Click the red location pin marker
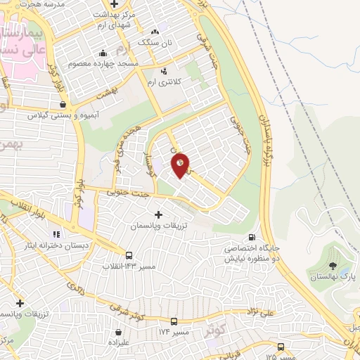[x=180, y=165]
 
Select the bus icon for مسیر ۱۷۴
[x=174, y=321]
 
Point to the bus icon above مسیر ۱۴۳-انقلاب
[x=129, y=256]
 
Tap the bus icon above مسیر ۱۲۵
[x=281, y=347]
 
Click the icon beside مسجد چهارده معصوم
[x=103, y=52]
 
